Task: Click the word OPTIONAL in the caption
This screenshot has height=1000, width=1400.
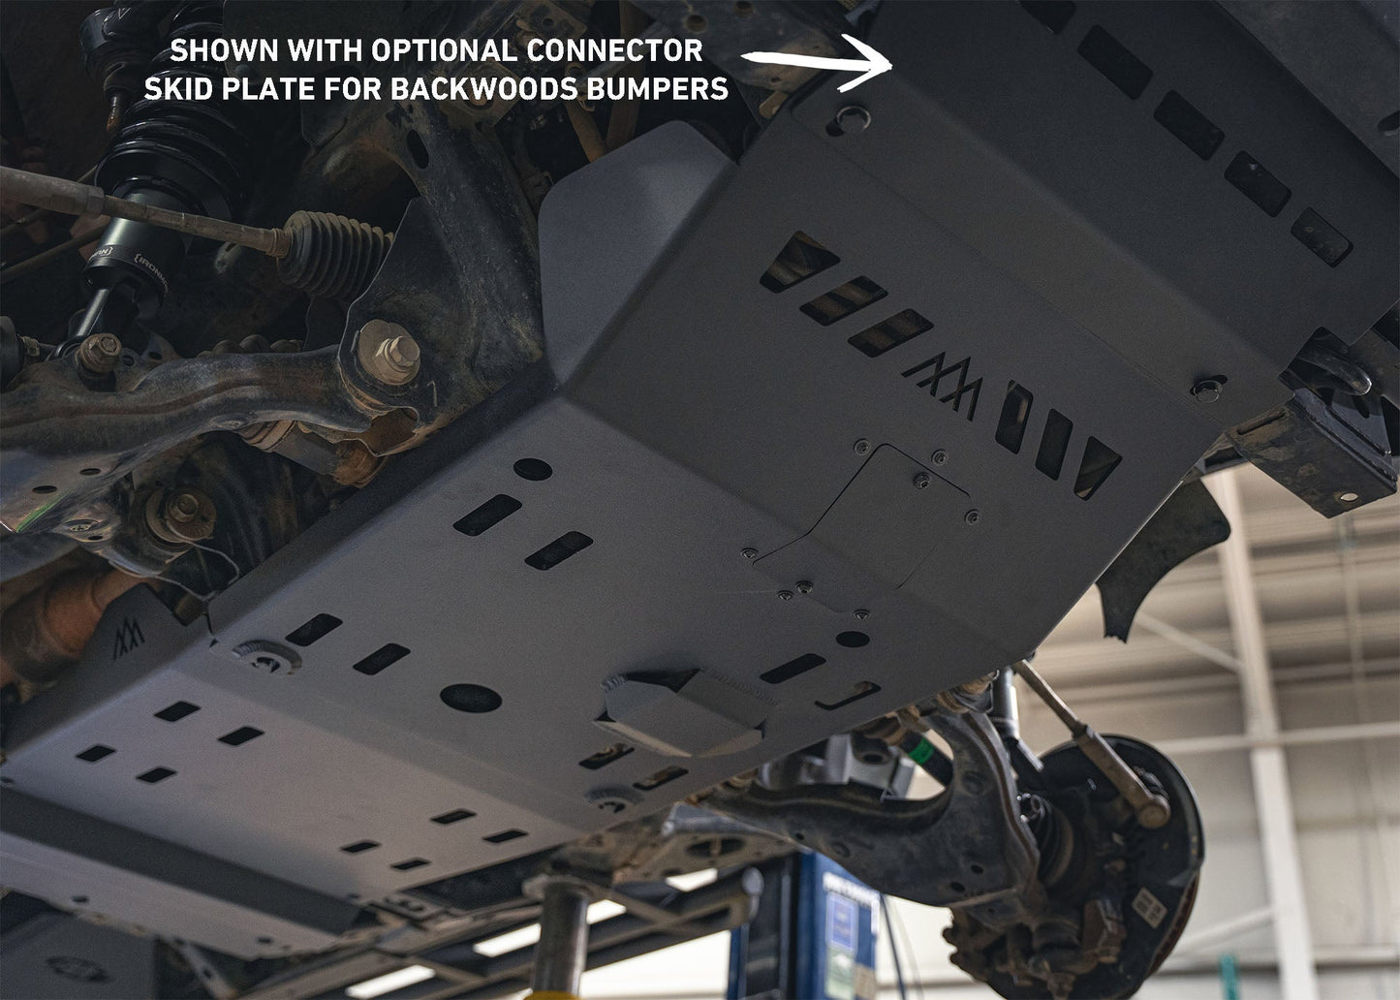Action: click(x=445, y=50)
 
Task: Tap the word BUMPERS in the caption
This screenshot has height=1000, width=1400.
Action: click(x=657, y=89)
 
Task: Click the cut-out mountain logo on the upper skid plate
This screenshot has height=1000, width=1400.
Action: click(x=943, y=383)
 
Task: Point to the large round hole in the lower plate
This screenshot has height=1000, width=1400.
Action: click(x=470, y=697)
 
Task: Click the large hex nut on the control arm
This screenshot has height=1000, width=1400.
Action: click(x=389, y=351)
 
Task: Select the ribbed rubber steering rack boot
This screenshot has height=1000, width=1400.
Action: click(x=334, y=254)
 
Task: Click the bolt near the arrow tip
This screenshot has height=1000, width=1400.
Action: click(x=851, y=118)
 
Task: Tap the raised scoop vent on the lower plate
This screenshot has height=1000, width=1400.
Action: click(x=678, y=712)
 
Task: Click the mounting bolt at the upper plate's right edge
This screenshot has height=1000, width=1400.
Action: click(x=1207, y=390)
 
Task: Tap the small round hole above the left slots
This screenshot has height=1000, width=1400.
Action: click(x=532, y=469)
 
